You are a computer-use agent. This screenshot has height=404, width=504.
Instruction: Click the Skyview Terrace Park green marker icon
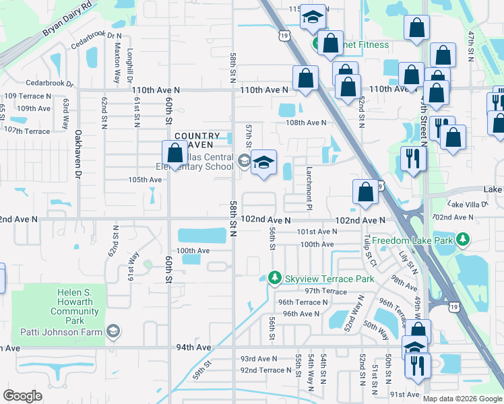click(x=274, y=278)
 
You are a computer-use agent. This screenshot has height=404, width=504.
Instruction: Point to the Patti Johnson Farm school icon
click(x=114, y=332)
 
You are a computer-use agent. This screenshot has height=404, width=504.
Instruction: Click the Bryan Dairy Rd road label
click(x=66, y=23)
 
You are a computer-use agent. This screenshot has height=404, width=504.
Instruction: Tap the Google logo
click(x=22, y=396)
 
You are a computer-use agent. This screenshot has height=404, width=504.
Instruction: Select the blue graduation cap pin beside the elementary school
click(x=263, y=163)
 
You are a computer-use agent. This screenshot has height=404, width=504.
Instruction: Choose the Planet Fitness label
click(x=359, y=44)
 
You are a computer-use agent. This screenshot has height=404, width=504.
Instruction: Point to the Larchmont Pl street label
click(x=309, y=189)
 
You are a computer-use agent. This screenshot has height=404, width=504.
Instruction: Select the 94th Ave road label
click(x=194, y=347)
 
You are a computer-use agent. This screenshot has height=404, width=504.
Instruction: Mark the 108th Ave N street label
click(x=306, y=123)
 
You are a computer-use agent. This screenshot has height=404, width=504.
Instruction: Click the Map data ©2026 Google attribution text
click(x=462, y=398)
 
